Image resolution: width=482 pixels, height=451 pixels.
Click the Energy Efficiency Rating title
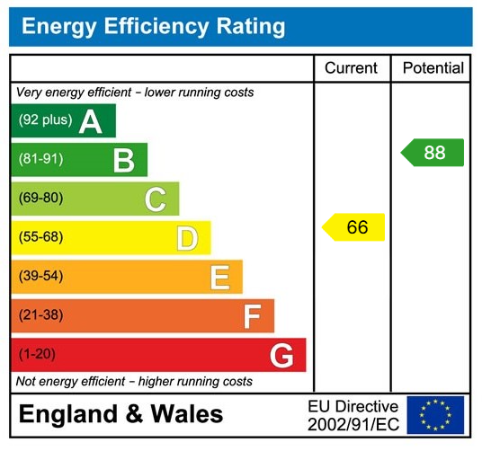[x=153, y=26]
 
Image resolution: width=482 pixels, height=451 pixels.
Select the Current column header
[x=351, y=68]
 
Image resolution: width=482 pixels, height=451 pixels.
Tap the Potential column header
[x=433, y=68]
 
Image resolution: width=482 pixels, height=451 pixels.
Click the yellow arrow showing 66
[x=353, y=227]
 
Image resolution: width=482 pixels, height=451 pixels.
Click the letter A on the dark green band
[x=90, y=121]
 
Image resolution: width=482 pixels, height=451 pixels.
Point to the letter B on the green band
[x=123, y=160]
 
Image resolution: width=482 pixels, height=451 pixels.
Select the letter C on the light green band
[x=156, y=199]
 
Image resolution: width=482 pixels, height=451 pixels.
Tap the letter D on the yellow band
[x=187, y=238]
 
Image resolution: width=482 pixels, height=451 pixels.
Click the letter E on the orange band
[x=219, y=278]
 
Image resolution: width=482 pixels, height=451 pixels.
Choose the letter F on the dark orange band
[x=252, y=316]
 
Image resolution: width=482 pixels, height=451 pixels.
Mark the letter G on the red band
[x=281, y=356]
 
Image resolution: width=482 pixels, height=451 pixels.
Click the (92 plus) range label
[x=45, y=120]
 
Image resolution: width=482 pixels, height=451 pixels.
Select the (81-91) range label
[x=40, y=159]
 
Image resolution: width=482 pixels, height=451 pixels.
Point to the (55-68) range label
[x=40, y=237]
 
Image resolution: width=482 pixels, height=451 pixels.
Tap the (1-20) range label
[x=37, y=354]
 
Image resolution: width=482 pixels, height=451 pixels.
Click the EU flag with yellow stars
[x=435, y=415]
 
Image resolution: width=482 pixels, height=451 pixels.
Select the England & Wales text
[x=120, y=414]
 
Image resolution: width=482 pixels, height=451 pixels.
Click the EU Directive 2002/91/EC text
[x=353, y=415]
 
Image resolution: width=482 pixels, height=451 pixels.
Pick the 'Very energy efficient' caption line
[x=135, y=93]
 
